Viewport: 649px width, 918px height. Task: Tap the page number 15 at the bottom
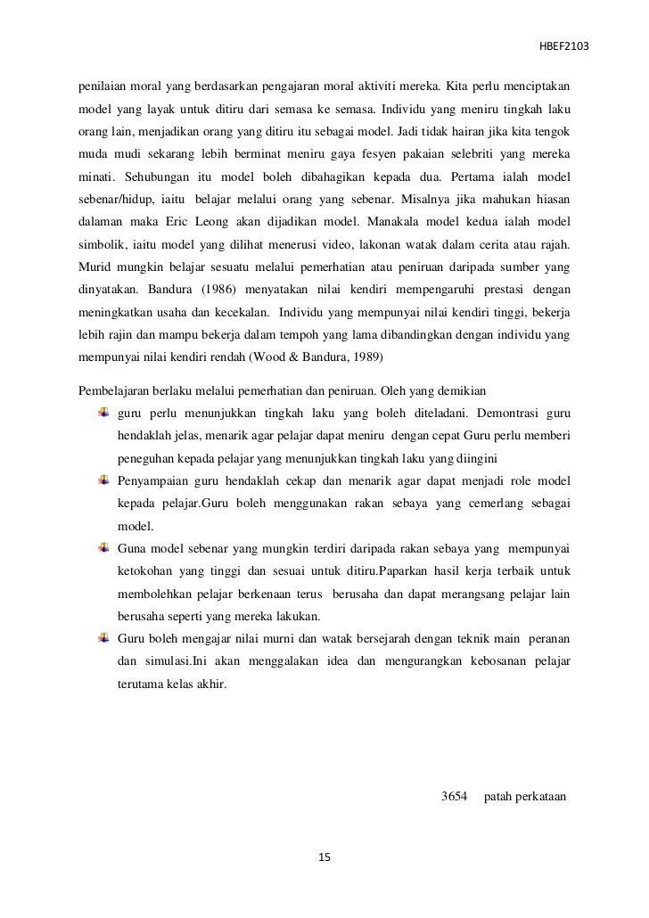[x=324, y=857]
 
